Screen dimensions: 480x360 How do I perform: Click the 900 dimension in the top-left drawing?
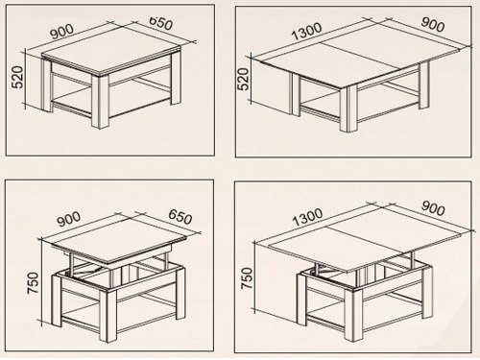pyautogui.click(x=62, y=32)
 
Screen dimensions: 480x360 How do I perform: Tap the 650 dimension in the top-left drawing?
pyautogui.click(x=161, y=22)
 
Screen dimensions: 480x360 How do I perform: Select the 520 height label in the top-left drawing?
pyautogui.click(x=17, y=77)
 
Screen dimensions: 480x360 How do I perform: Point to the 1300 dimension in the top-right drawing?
pyautogui.click(x=306, y=31)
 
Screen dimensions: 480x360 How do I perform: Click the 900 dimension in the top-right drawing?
pyautogui.click(x=432, y=25)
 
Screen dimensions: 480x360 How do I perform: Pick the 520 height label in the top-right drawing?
pyautogui.click(x=243, y=79)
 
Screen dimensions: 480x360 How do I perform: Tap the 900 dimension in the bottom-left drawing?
pyautogui.click(x=69, y=219)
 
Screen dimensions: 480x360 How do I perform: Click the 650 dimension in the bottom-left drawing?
pyautogui.click(x=180, y=217)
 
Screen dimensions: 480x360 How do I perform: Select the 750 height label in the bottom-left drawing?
pyautogui.click(x=33, y=283)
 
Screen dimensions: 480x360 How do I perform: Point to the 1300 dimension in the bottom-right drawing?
pyautogui.click(x=307, y=217)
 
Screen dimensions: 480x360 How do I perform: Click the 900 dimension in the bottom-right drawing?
pyautogui.click(x=433, y=208)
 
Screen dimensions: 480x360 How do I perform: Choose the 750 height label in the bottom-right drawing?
pyautogui.click(x=247, y=278)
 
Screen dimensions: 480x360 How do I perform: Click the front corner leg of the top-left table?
pyautogui.click(x=101, y=102)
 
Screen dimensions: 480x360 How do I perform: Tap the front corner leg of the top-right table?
pyautogui.click(x=348, y=108)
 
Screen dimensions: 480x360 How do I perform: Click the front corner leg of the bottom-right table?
pyautogui.click(x=353, y=315)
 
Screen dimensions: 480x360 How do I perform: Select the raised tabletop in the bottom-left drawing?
pyautogui.click(x=119, y=238)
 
